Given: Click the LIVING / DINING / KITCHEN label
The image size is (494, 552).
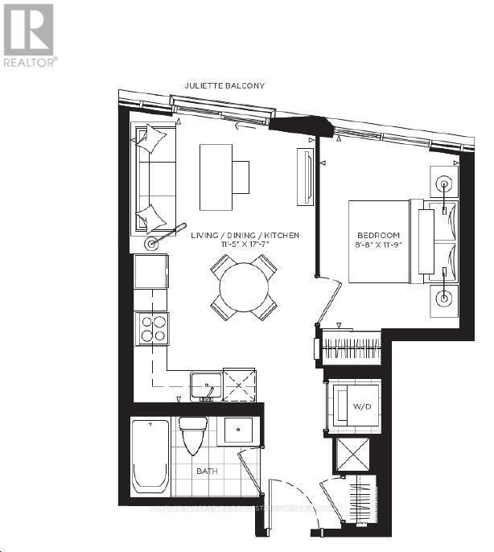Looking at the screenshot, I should [245, 235].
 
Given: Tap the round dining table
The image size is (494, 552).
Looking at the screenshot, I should [244, 287].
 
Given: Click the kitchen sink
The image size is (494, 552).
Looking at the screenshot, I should [207, 387].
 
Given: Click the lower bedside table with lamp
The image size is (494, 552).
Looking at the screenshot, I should [443, 298].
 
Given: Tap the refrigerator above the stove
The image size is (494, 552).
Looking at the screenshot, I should [151, 271].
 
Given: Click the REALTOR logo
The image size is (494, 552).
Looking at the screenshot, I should [29, 36].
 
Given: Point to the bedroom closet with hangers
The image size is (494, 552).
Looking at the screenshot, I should [351, 348].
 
